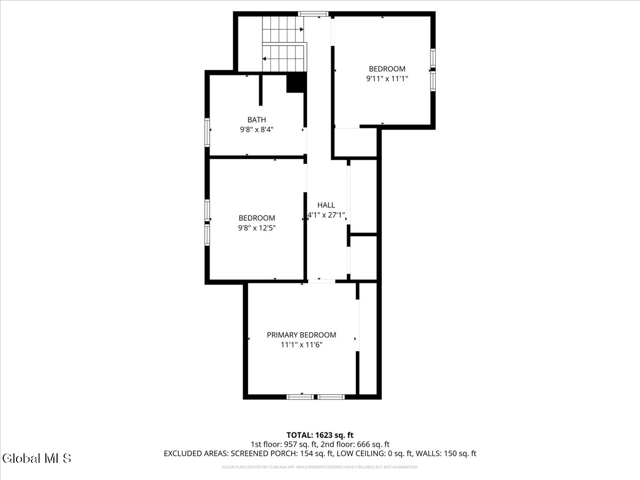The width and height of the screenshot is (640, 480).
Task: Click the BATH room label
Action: [x=257, y=120]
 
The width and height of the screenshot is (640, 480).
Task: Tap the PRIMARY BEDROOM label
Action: [x=301, y=335]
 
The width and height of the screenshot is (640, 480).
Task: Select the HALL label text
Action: [x=326, y=205]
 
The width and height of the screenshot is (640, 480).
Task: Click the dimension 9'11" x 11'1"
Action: [x=387, y=78]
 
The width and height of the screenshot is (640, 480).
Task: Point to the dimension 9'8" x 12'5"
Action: [x=257, y=228]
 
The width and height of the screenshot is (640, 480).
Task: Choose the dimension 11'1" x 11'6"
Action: [x=301, y=345]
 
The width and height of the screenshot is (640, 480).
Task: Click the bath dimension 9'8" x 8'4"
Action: [x=257, y=130]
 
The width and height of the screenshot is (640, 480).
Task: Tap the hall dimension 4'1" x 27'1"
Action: [x=326, y=215]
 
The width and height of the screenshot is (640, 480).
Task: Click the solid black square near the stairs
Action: [x=296, y=83]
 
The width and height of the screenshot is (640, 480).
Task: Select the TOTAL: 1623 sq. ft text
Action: [x=320, y=435]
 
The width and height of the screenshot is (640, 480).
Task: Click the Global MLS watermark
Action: [x=36, y=458]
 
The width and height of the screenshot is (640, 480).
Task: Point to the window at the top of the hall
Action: [x=313, y=14]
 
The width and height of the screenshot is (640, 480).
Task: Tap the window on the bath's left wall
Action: [x=207, y=132]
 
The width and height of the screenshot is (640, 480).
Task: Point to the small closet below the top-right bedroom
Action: [x=355, y=142]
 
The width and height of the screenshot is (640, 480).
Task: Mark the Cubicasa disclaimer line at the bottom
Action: [x=320, y=467]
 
